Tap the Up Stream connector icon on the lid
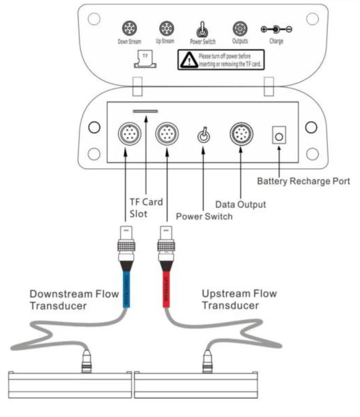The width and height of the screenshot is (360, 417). coord(166,29)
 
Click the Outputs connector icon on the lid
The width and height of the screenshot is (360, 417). coord(239,29)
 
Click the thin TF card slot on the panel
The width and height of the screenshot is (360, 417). coord(145,111)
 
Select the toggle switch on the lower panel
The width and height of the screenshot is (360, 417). coord(203,135)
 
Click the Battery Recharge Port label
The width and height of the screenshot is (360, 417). coord(303,181)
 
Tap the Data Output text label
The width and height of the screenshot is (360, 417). coord(240,204)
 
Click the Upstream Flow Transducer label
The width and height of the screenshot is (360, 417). coord(239,299)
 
